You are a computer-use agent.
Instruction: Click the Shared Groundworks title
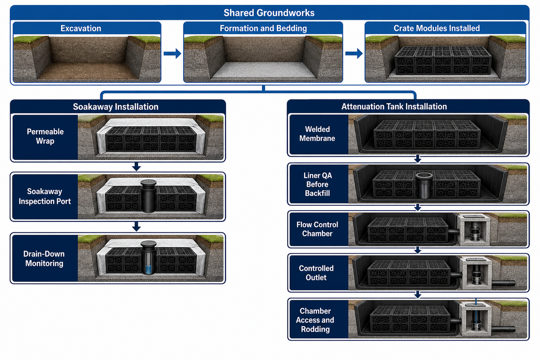pyautogui.click(x=269, y=13)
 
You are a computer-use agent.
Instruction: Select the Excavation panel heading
pyautogui.click(x=81, y=28)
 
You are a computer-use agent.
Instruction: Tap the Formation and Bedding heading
pyautogui.click(x=263, y=28)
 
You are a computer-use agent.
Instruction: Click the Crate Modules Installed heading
pyautogui.click(x=436, y=28)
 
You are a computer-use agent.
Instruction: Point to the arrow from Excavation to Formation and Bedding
pyautogui.click(x=172, y=53)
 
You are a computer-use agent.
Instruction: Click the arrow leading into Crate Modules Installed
pyautogui.click(x=354, y=53)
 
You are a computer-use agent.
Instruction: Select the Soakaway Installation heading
pyautogui.click(x=116, y=107)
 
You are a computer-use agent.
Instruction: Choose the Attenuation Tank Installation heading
pyautogui.click(x=394, y=107)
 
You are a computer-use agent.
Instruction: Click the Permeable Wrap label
pyautogui.click(x=45, y=136)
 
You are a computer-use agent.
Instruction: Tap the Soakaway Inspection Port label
pyautogui.click(x=45, y=196)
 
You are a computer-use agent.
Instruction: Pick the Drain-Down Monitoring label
pyautogui.click(x=44, y=258)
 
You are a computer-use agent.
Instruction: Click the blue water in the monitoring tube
pyautogui.click(x=148, y=270)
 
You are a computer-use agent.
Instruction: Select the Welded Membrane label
pyautogui.click(x=317, y=134)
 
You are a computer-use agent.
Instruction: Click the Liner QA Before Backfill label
pyautogui.click(x=318, y=184)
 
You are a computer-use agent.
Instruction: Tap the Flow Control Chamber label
pyautogui.click(x=317, y=229)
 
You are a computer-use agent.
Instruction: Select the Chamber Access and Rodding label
pyautogui.click(x=315, y=320)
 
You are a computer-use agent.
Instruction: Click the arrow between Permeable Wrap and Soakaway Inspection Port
pyautogui.click(x=136, y=166)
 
